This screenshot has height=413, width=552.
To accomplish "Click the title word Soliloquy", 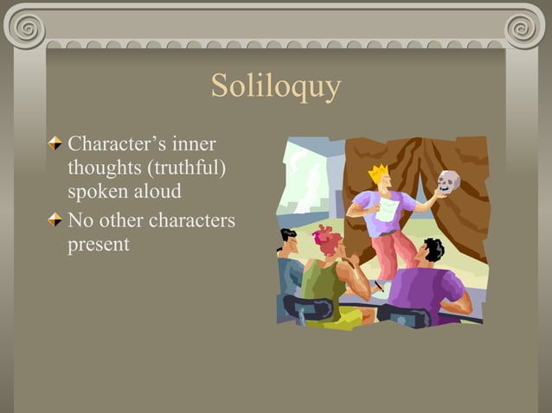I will click(x=276, y=87).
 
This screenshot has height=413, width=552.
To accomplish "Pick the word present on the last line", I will click(x=99, y=245).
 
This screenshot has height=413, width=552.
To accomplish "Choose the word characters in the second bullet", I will click(x=191, y=221).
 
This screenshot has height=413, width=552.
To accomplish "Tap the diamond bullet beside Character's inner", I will click(x=56, y=143).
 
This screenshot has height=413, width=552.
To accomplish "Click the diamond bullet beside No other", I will click(x=56, y=221).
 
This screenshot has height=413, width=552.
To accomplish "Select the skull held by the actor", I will click(x=448, y=181).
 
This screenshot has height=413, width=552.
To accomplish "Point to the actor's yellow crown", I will click(x=379, y=174).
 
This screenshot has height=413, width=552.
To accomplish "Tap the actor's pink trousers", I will click(x=394, y=251).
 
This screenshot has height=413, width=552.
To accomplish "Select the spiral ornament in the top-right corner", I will click(x=526, y=25).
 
